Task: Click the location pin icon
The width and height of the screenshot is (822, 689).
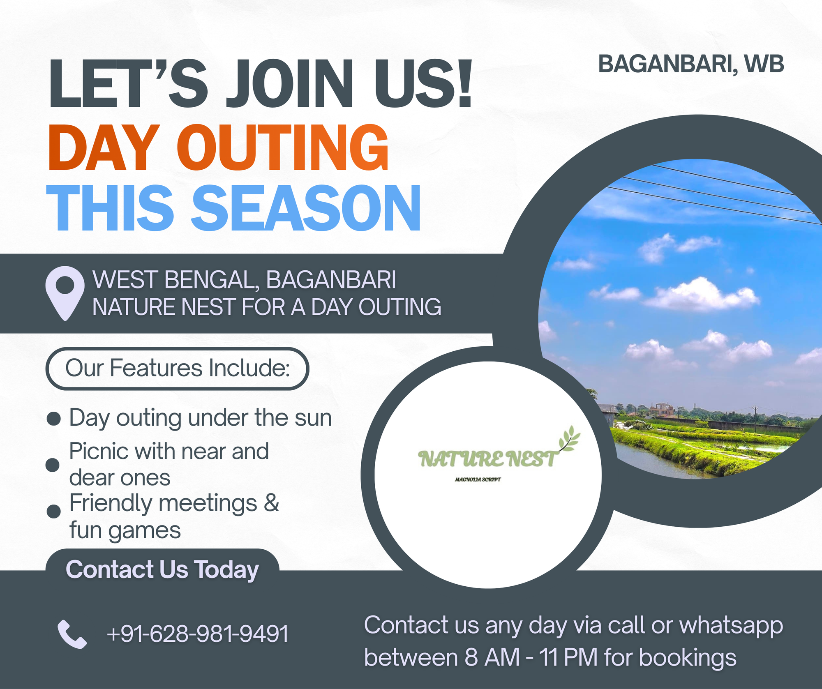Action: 65,293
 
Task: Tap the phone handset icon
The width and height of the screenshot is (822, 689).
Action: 72,634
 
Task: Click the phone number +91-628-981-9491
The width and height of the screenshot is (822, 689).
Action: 198,633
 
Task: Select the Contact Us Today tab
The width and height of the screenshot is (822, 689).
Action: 162,569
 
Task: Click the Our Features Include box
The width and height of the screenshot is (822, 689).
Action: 177,368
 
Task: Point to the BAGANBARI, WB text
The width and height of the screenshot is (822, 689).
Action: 691,65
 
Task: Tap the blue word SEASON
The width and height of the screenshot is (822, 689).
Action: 306,208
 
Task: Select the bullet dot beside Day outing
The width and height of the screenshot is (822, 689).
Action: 54,419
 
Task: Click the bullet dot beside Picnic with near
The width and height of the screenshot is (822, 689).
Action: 52,465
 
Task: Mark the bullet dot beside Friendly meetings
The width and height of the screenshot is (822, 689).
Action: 53,511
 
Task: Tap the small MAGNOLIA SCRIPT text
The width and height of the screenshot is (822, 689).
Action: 478,479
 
